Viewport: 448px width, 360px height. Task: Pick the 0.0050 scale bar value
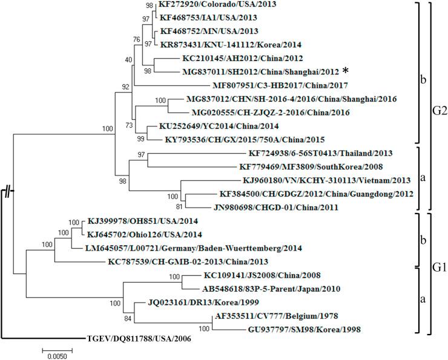(54, 355)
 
